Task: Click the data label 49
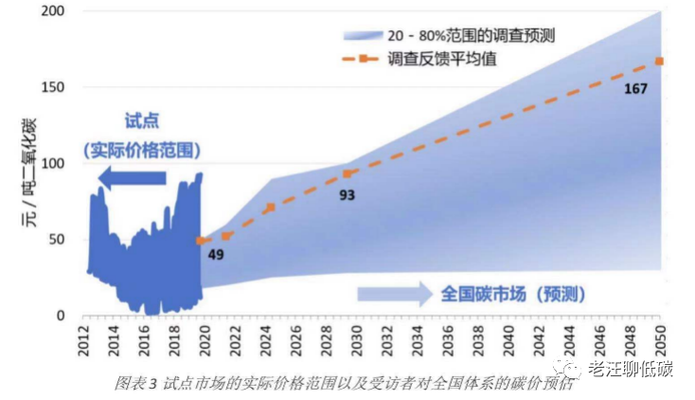(x=216, y=255)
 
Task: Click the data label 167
(x=636, y=89)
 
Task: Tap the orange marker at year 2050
(x=659, y=62)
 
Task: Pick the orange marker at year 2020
(x=200, y=241)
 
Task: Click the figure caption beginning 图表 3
(x=343, y=383)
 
